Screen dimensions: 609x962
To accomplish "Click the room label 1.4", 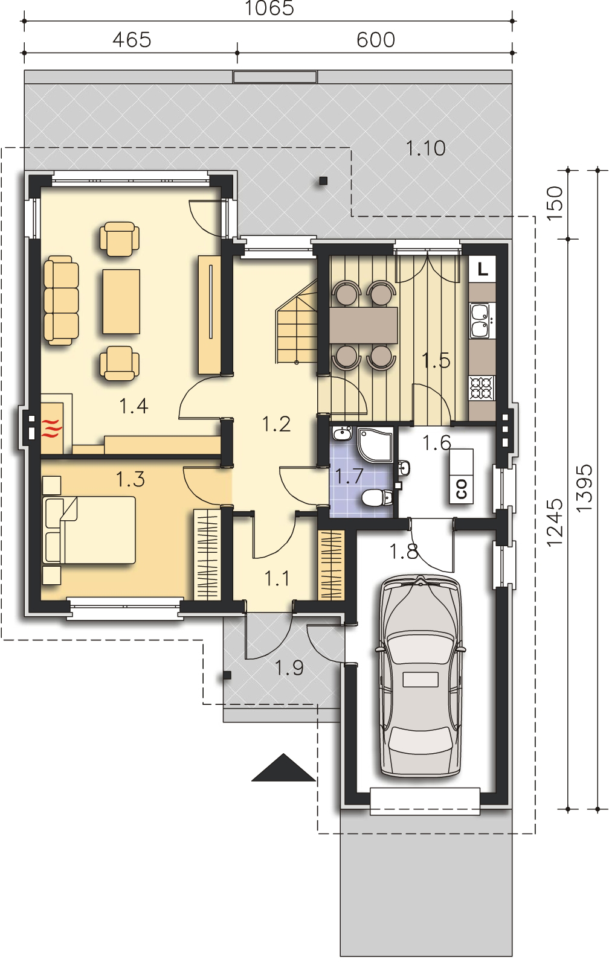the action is pyautogui.click(x=134, y=406).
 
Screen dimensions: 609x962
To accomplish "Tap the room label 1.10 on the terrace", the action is pyautogui.click(x=425, y=148).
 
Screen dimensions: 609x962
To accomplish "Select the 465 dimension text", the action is pyautogui.click(x=132, y=40).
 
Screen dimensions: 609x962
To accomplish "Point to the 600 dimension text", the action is pyautogui.click(x=376, y=40).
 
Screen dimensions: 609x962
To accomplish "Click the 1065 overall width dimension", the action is pyautogui.click(x=269, y=8).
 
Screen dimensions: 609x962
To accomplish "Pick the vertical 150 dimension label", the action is pyautogui.click(x=555, y=203).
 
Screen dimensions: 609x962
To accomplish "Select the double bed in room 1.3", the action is pyautogui.click(x=89, y=530).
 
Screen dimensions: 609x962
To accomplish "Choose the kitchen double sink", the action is pyautogui.click(x=482, y=320).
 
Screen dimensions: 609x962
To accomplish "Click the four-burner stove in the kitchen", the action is pyautogui.click(x=482, y=388).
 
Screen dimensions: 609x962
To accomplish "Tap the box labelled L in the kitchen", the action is pyautogui.click(x=482, y=270).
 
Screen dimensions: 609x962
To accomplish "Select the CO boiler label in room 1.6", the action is pyautogui.click(x=462, y=489).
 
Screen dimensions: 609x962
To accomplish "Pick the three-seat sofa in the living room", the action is pyautogui.click(x=61, y=301).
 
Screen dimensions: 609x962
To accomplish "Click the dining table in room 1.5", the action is pyautogui.click(x=364, y=325).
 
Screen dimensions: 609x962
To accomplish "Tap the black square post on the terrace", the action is pyautogui.click(x=323, y=181).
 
